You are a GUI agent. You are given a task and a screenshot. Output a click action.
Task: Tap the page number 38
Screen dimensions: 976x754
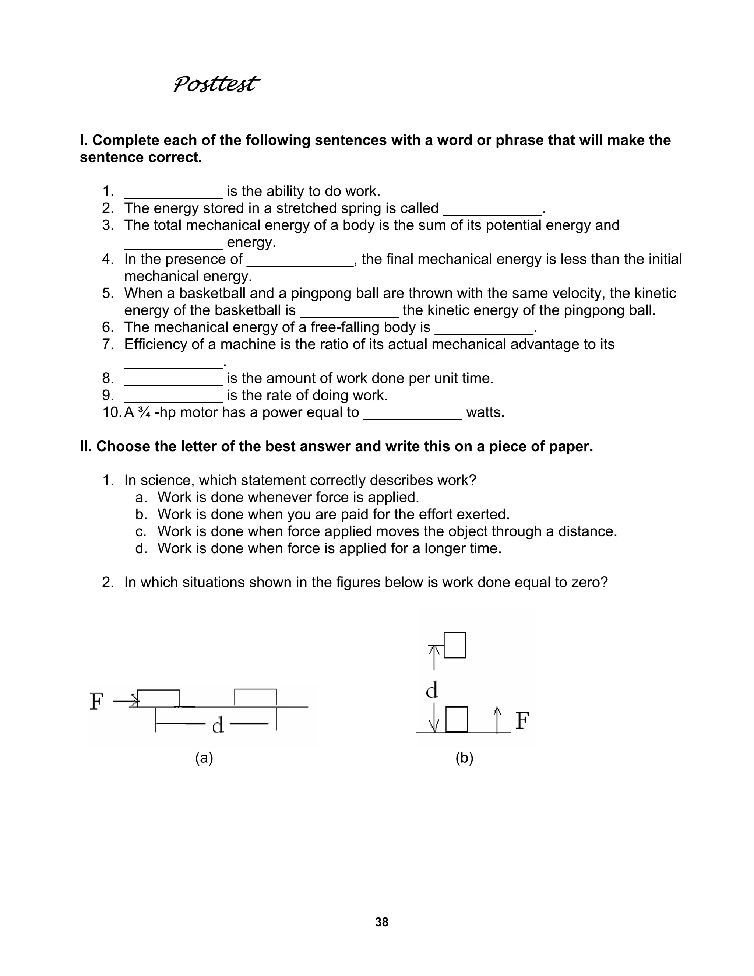tap(381, 922)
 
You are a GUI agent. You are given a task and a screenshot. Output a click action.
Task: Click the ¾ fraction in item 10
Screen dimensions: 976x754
tap(144, 412)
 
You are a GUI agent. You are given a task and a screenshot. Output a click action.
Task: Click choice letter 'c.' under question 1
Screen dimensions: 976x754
tap(141, 531)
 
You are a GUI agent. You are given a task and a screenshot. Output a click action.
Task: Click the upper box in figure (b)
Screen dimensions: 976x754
tap(455, 645)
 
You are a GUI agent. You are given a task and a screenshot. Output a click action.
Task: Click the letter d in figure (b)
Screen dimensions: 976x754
tap(431, 691)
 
